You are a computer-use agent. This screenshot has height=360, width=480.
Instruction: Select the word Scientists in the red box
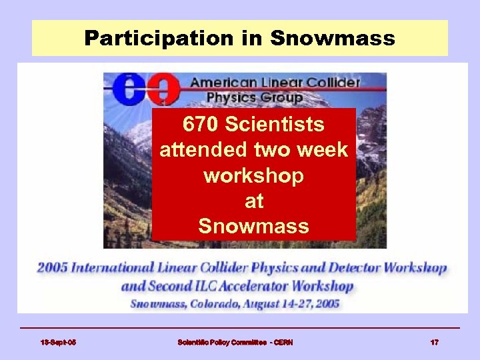(285, 124)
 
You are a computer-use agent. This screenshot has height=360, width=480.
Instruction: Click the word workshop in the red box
(253, 175)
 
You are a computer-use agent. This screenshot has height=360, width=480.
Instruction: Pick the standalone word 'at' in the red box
(254, 201)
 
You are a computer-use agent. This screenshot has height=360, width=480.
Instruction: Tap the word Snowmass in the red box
(253, 226)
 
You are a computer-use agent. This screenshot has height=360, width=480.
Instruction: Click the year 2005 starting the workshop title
(53, 269)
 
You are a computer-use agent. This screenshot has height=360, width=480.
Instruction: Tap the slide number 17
(434, 342)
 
